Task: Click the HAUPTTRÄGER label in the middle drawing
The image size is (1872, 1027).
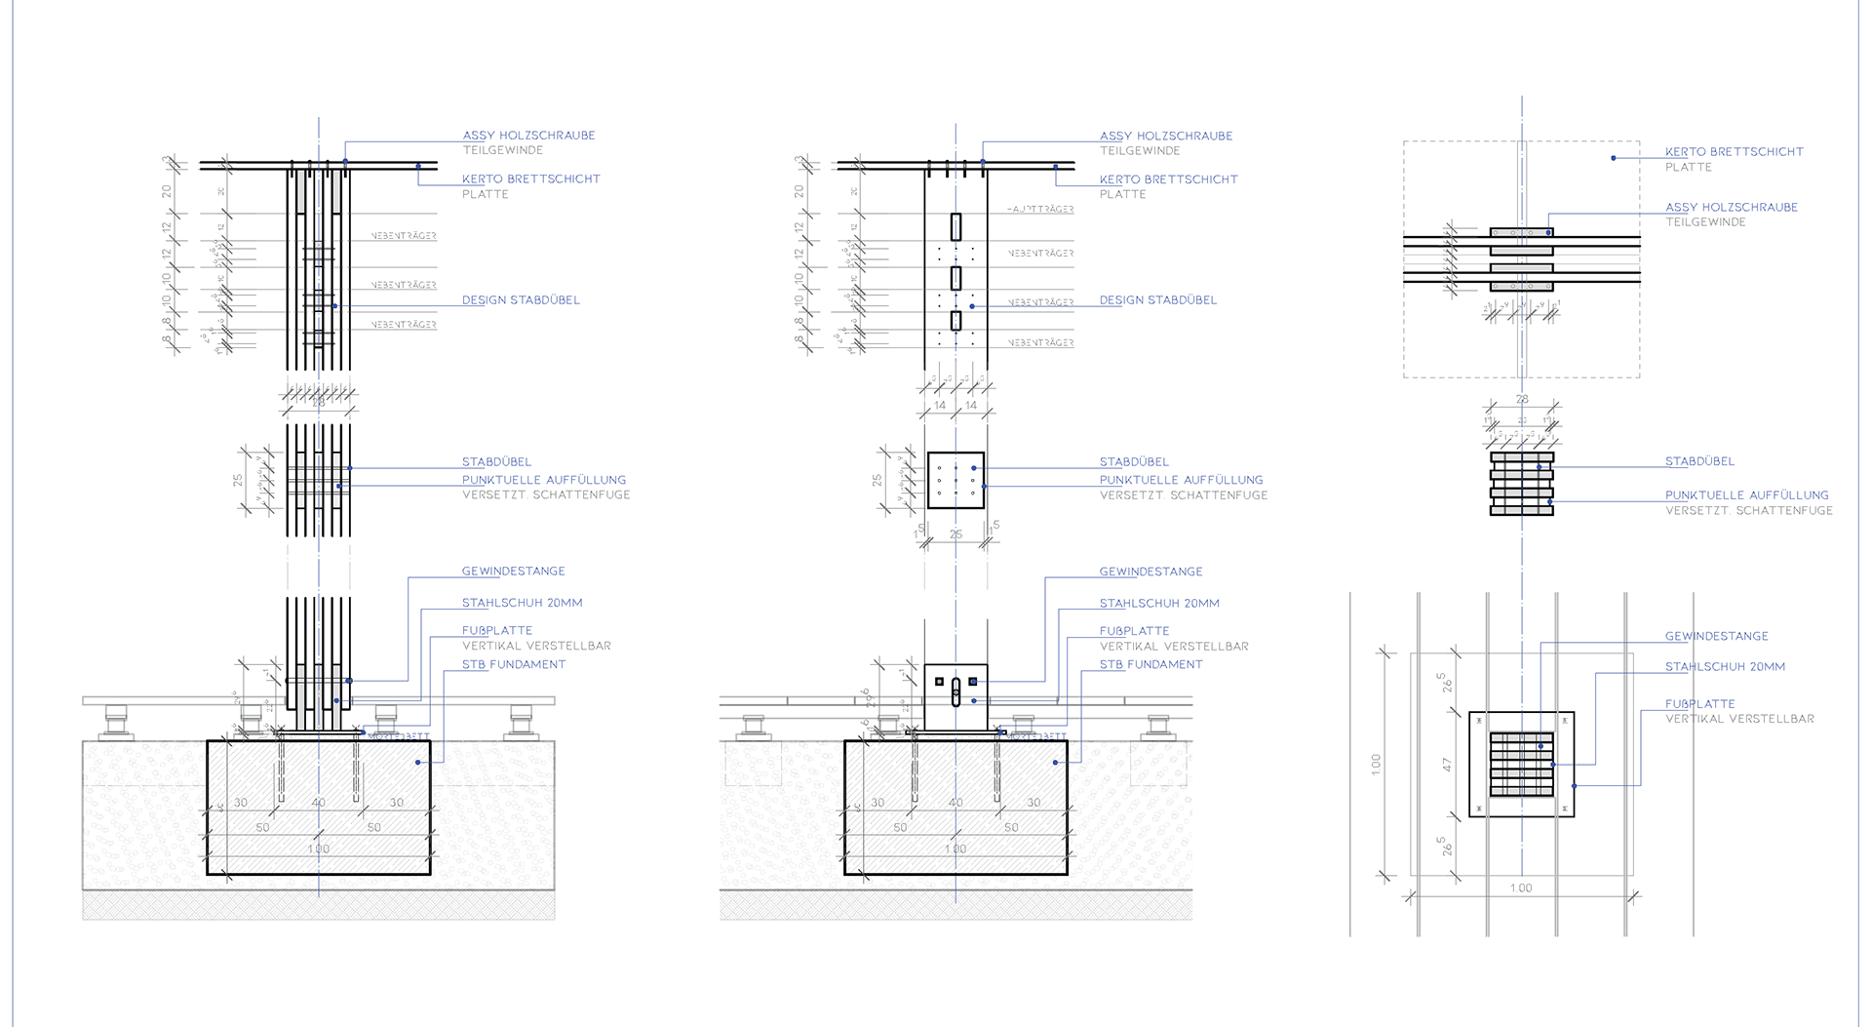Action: point(1040,210)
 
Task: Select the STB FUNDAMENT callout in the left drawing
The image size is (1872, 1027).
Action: point(514,664)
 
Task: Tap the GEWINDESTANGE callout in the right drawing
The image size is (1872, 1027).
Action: point(1716,636)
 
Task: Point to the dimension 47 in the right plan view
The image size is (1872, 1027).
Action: point(1447,766)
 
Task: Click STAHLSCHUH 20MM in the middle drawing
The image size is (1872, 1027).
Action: point(1159,604)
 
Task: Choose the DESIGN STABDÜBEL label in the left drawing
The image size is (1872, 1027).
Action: point(521,300)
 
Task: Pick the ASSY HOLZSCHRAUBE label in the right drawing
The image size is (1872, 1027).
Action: point(1732,207)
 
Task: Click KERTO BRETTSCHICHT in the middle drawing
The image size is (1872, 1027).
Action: point(1168,179)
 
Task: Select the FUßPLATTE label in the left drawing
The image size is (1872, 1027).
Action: point(497,631)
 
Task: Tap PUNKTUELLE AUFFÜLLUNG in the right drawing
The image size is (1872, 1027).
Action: point(1746,495)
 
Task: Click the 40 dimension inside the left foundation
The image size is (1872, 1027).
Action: point(319,803)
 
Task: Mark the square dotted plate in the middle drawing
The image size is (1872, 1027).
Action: point(955,480)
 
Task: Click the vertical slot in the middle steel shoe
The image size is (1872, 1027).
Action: point(955,691)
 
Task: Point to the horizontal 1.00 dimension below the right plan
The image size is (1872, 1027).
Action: point(1520,889)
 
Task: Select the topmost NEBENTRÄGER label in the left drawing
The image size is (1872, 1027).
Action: point(404,236)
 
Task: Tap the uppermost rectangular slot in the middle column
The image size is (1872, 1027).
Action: point(955,226)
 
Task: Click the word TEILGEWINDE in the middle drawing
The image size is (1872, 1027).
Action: point(1140,151)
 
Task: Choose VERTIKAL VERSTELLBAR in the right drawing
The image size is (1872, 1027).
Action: point(1739,719)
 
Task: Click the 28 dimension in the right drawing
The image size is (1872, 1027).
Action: point(1522,399)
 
